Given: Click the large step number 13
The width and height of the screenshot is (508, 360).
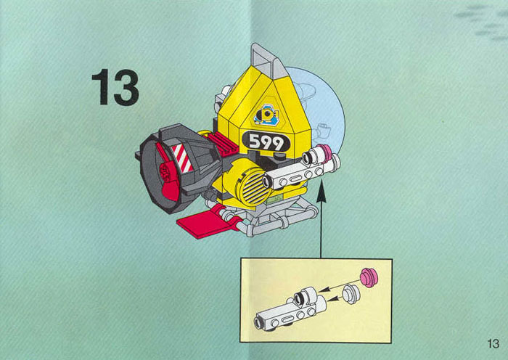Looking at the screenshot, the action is point(115,87).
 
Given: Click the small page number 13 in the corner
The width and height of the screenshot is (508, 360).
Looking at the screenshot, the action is point(493,343).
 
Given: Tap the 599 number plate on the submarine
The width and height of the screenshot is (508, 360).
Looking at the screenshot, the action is point(266,142).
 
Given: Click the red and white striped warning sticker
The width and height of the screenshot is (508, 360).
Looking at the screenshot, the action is point(182,157).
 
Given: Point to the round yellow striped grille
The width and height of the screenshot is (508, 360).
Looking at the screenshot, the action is point(255,185).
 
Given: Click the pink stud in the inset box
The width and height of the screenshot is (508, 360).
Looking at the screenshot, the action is point(369,278).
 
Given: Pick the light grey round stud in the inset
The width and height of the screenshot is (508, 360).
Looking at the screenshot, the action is point(351,294).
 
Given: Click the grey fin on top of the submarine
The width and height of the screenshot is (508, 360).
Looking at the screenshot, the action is point(266,62).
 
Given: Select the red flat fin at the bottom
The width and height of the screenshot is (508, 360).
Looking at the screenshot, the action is point(209,222).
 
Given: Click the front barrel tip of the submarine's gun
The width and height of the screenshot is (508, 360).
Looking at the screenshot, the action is point(267,181).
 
